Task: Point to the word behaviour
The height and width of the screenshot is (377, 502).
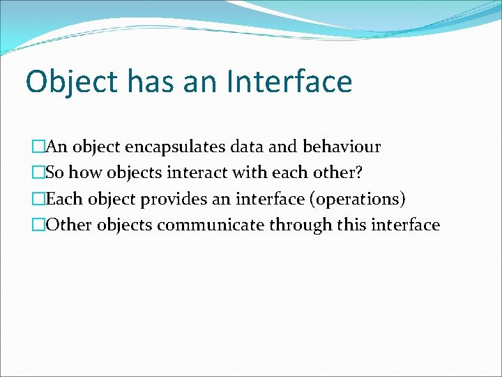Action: [x=342, y=147]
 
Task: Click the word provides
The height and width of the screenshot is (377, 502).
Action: [x=172, y=199]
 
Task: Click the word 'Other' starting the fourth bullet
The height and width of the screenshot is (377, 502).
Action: [x=70, y=225]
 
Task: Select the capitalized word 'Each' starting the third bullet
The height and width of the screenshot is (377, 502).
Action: [x=65, y=199]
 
